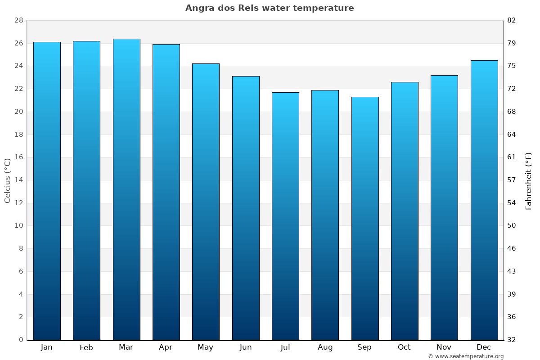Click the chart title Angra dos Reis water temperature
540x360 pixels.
(x=270, y=8)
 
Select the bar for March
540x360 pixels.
(x=126, y=189)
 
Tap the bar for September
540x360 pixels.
(x=365, y=218)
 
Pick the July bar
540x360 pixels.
(x=285, y=216)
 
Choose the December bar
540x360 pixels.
(x=484, y=200)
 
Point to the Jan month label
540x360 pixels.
(x=47, y=347)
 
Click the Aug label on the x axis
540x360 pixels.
(x=325, y=347)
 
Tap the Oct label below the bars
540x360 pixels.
(x=404, y=347)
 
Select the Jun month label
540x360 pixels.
(x=246, y=347)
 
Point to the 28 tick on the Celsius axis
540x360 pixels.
(x=18, y=21)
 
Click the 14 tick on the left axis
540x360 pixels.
(x=18, y=180)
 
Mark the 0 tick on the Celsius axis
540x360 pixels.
(x=21, y=340)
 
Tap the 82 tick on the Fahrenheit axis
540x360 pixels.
(x=512, y=21)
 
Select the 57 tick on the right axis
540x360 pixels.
(x=512, y=180)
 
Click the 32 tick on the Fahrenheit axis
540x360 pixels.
(x=512, y=340)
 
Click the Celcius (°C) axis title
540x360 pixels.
(x=7, y=180)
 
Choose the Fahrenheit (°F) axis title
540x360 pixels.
(x=529, y=180)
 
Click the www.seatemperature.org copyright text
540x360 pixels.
(x=466, y=356)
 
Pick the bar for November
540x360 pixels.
(x=444, y=207)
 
